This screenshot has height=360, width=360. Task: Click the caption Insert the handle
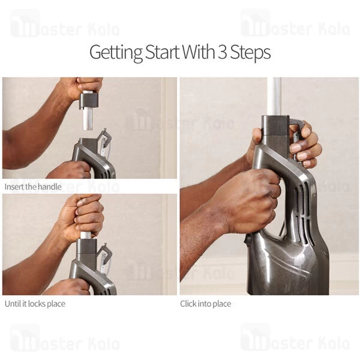pos(33,187)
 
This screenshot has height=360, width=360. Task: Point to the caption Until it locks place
pos(35,304)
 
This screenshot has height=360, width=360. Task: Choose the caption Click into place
pos(206,304)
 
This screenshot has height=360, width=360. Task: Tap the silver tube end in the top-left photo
pos(88,121)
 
